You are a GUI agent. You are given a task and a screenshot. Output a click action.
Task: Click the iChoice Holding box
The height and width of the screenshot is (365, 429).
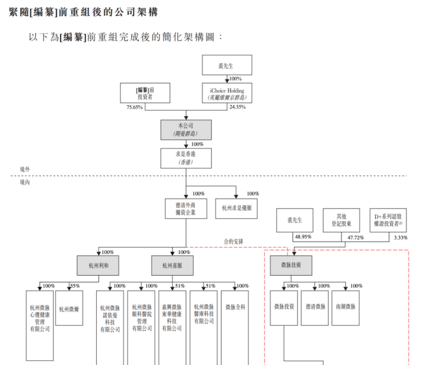(x=227, y=93)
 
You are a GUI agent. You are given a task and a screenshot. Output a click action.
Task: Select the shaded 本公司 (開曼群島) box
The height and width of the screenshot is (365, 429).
(x=186, y=130)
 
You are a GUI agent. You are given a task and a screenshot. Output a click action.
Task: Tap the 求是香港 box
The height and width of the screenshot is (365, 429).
(x=186, y=158)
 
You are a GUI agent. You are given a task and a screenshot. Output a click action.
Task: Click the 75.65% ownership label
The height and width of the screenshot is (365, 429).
(x=135, y=107)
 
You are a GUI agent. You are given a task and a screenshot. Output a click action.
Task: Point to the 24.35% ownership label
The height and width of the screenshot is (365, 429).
(x=238, y=107)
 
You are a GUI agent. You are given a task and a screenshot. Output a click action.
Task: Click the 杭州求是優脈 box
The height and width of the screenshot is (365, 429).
(x=236, y=209)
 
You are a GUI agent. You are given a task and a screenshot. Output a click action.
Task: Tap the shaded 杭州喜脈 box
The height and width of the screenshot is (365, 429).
(x=172, y=265)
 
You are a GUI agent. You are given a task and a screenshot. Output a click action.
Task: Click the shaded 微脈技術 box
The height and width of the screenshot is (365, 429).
(x=291, y=265)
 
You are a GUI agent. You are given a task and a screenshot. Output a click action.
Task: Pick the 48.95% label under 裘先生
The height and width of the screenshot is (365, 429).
(x=303, y=236)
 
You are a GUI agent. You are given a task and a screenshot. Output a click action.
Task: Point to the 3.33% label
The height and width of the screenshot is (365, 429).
(x=400, y=238)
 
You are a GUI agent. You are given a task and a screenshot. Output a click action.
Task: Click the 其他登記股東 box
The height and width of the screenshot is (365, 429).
(x=341, y=220)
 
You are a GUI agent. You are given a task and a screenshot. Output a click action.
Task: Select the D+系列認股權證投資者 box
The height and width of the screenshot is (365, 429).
(x=388, y=220)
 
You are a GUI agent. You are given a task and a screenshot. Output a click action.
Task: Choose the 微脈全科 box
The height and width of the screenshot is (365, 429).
(x=235, y=307)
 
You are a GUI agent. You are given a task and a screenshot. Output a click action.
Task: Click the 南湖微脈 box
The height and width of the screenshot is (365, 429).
(x=345, y=307)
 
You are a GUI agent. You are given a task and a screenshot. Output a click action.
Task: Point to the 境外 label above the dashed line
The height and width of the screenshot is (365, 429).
(x=25, y=170)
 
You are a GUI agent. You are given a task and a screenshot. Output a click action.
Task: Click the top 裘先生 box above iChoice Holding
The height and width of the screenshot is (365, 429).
(x=227, y=65)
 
